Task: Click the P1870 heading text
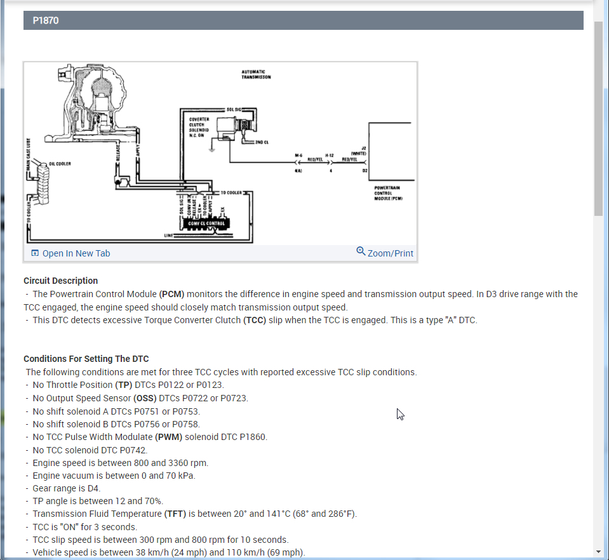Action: pos(45,20)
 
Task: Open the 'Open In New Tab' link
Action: pos(76,253)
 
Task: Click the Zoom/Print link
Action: pos(390,253)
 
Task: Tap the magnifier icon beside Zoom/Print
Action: pos(361,251)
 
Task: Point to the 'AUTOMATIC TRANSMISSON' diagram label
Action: pos(256,74)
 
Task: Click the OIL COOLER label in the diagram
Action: pos(60,163)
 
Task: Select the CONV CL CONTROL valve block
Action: pos(206,223)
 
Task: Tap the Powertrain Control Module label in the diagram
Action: pos(387,193)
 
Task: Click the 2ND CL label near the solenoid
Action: pos(262,142)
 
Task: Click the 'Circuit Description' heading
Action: pos(60,281)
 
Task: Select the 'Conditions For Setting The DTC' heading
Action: pos(86,359)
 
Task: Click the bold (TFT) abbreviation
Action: pos(175,514)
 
